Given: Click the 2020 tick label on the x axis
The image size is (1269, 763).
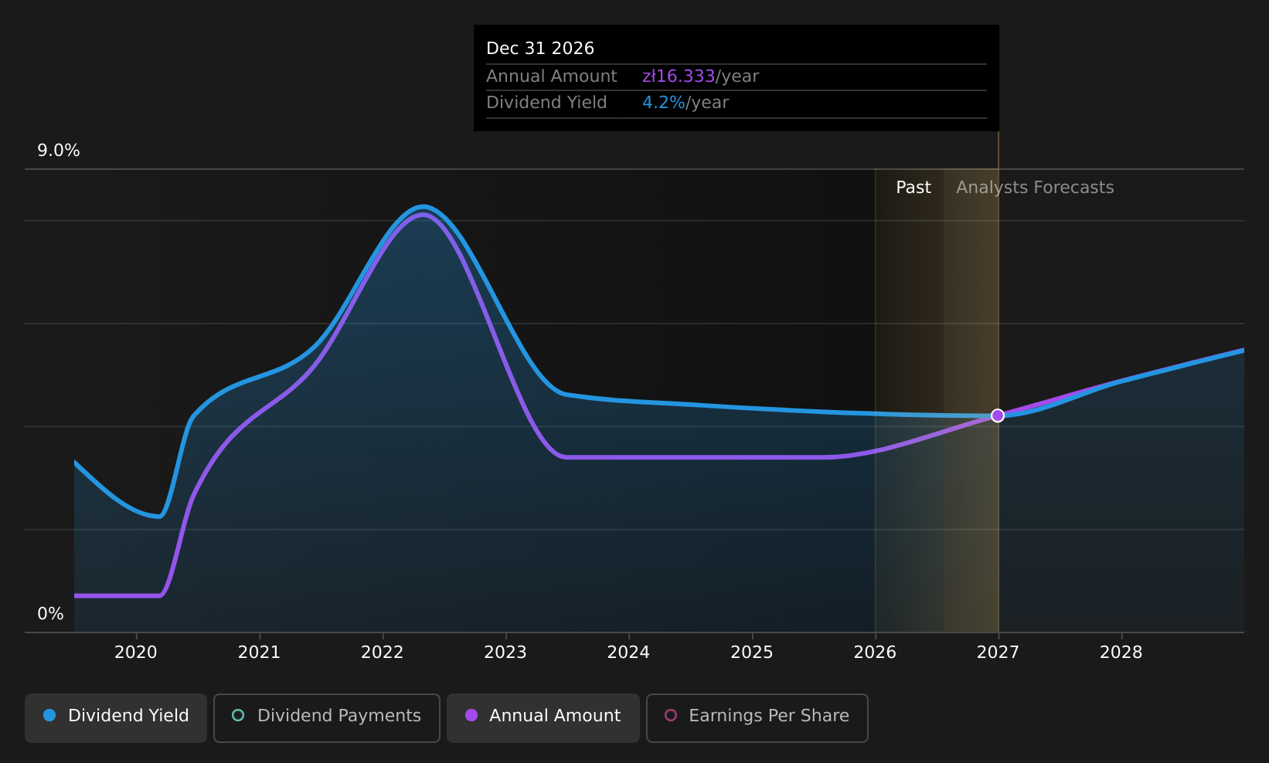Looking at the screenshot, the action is click(x=136, y=653).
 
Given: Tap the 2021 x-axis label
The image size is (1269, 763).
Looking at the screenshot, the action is click(x=259, y=653).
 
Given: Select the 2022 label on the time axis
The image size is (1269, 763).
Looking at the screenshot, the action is click(x=383, y=653).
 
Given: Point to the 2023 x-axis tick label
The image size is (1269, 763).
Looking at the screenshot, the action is click(x=505, y=653).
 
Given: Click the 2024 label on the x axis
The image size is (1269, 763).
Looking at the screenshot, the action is click(x=629, y=653).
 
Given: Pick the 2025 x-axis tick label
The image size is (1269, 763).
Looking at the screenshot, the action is click(x=752, y=653).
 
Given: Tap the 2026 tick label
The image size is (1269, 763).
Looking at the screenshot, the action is click(x=876, y=653).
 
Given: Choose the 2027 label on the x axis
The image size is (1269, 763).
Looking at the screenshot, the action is click(x=999, y=653).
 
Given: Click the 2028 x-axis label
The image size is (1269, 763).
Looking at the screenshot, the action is click(x=1121, y=653).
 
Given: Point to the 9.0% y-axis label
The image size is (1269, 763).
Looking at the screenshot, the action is click(x=59, y=151).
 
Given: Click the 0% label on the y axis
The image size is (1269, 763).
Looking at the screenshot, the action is click(x=50, y=614).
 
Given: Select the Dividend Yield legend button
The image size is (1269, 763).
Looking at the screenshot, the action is click(x=116, y=717).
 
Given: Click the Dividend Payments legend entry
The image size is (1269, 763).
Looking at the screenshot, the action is click(x=327, y=717).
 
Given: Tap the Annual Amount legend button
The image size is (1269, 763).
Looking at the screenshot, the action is click(x=543, y=717).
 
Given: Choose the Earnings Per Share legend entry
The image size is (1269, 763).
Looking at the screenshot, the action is click(x=757, y=717).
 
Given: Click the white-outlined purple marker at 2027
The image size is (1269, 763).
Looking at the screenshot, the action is click(x=998, y=416).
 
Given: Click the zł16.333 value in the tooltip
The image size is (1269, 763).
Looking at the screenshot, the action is click(x=678, y=76).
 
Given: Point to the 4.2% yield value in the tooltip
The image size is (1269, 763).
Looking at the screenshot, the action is click(x=663, y=103).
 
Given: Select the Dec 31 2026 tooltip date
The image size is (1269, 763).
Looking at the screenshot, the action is click(x=540, y=49).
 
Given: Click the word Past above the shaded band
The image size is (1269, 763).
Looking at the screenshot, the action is click(x=913, y=188).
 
